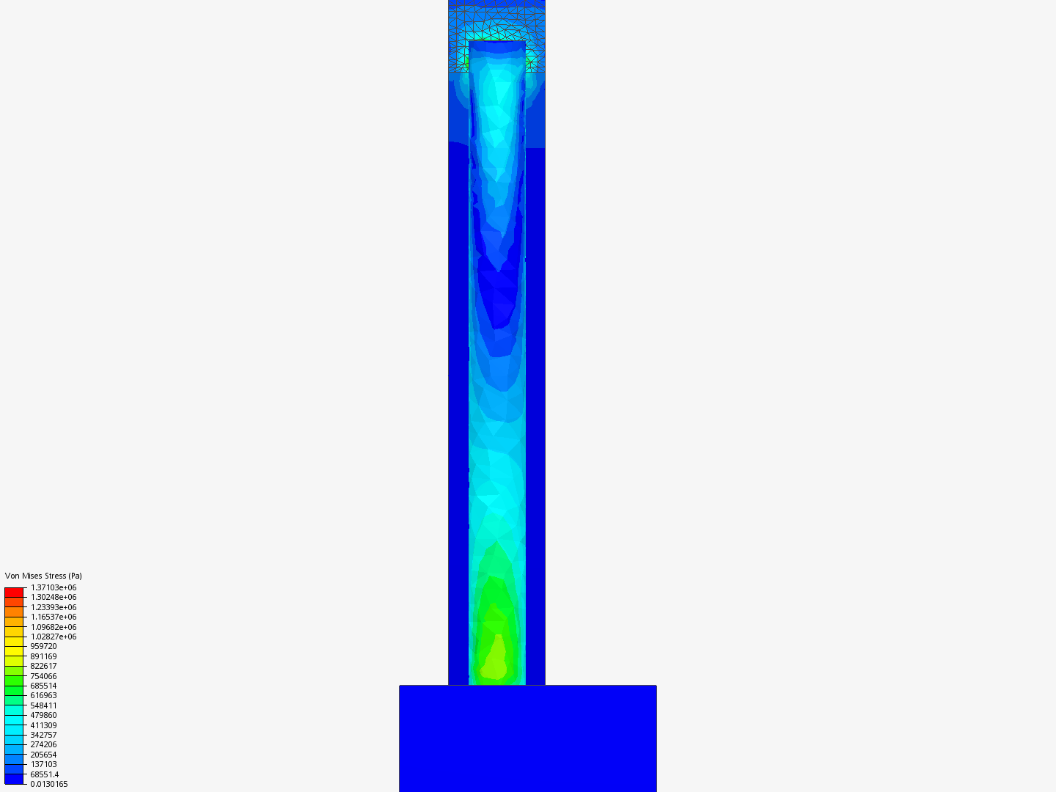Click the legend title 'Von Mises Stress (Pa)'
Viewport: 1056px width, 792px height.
tap(43, 576)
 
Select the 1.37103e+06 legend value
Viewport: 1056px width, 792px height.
tap(54, 587)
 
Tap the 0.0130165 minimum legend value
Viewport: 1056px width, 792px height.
tap(49, 784)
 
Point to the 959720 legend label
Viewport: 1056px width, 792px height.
tap(43, 646)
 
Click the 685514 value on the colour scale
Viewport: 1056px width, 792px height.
tap(43, 686)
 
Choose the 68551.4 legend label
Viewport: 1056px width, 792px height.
tap(44, 774)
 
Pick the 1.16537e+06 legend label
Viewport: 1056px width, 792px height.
tap(54, 617)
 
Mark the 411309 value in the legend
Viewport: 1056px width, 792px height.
tap(43, 725)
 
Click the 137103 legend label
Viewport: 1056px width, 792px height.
tap(43, 764)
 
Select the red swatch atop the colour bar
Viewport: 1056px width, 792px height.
tap(14, 593)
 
